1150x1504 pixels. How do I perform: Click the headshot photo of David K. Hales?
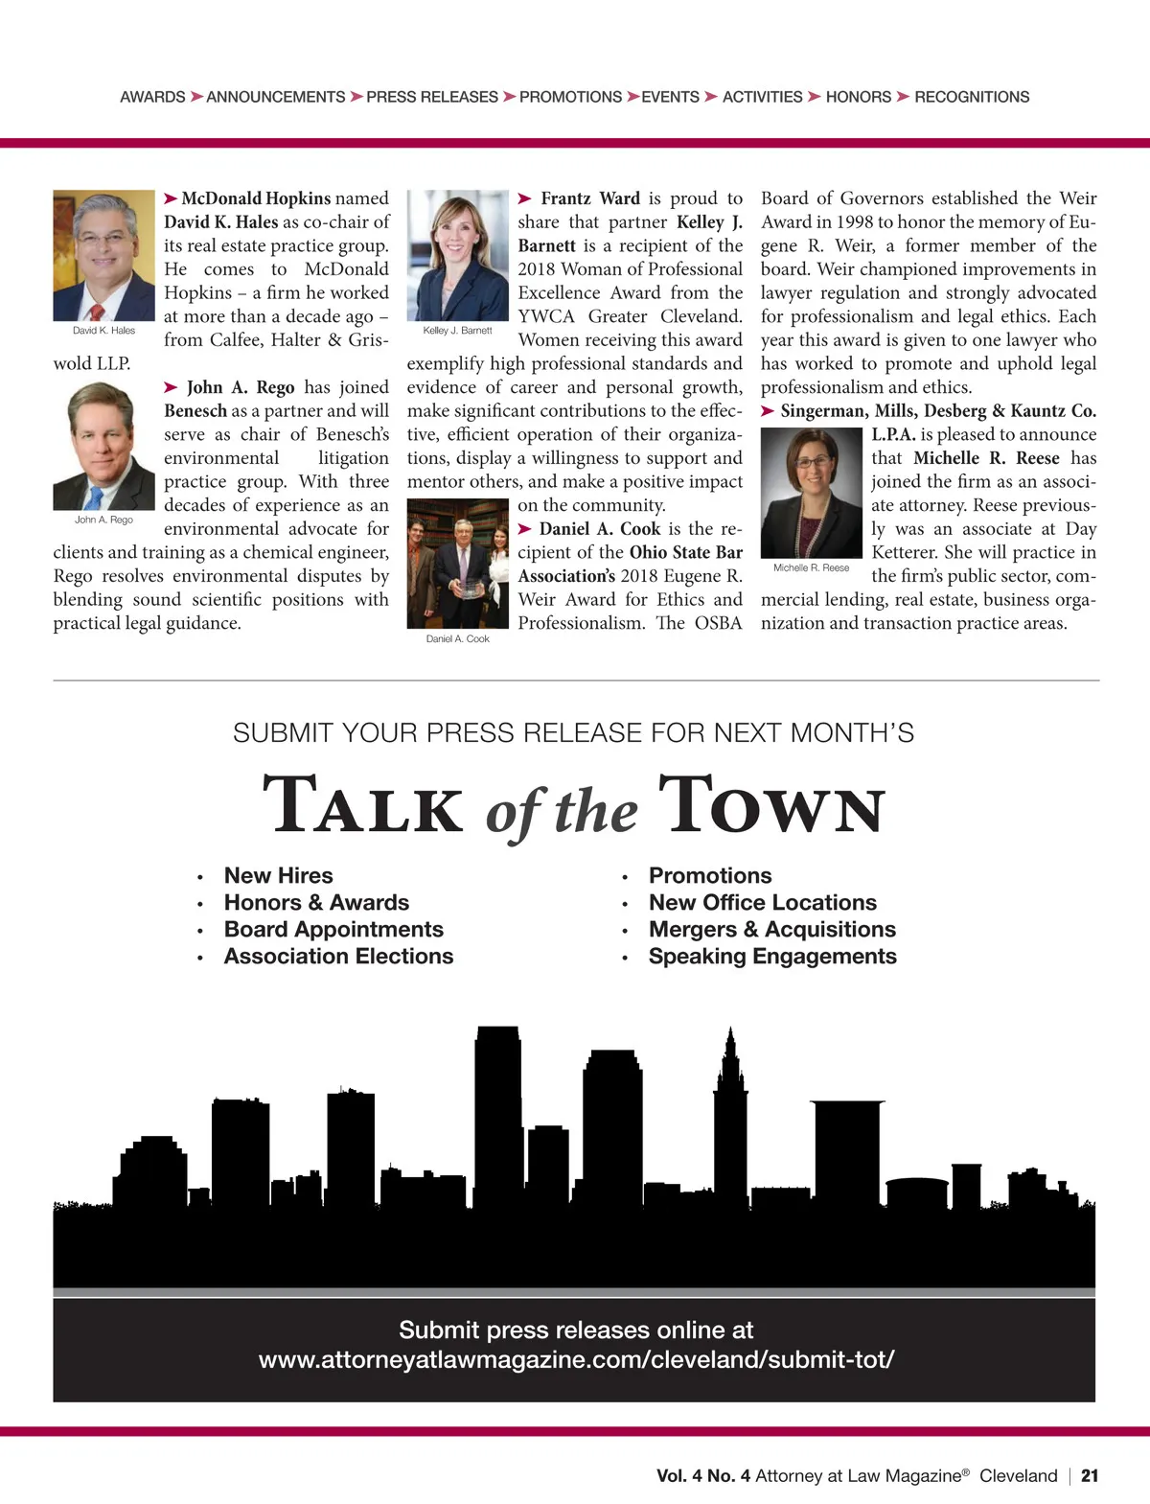click(103, 255)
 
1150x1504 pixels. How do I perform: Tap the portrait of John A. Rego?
click(103, 446)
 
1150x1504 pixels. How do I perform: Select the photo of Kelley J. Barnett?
click(457, 255)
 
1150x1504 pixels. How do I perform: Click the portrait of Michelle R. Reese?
click(811, 493)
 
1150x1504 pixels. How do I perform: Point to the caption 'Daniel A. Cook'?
click(457, 638)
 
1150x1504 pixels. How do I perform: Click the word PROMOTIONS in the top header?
click(570, 97)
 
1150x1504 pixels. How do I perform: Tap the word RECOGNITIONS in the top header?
click(971, 97)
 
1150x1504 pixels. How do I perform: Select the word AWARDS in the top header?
click(152, 97)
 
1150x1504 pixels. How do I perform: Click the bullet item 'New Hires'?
click(278, 875)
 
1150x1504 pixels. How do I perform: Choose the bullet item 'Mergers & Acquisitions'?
click(771, 929)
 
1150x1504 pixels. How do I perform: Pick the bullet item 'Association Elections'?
click(338, 956)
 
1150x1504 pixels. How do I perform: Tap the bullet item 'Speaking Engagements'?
click(772, 956)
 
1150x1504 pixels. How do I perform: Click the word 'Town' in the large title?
click(771, 806)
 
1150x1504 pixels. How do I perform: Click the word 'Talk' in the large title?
click(363, 806)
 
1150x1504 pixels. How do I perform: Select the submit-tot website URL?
click(576, 1359)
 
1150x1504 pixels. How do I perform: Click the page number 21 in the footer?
click(1090, 1476)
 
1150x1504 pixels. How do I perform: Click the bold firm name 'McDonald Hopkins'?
click(256, 198)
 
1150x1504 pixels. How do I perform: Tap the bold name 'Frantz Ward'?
click(589, 198)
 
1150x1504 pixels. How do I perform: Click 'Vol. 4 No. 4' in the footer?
click(702, 1476)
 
